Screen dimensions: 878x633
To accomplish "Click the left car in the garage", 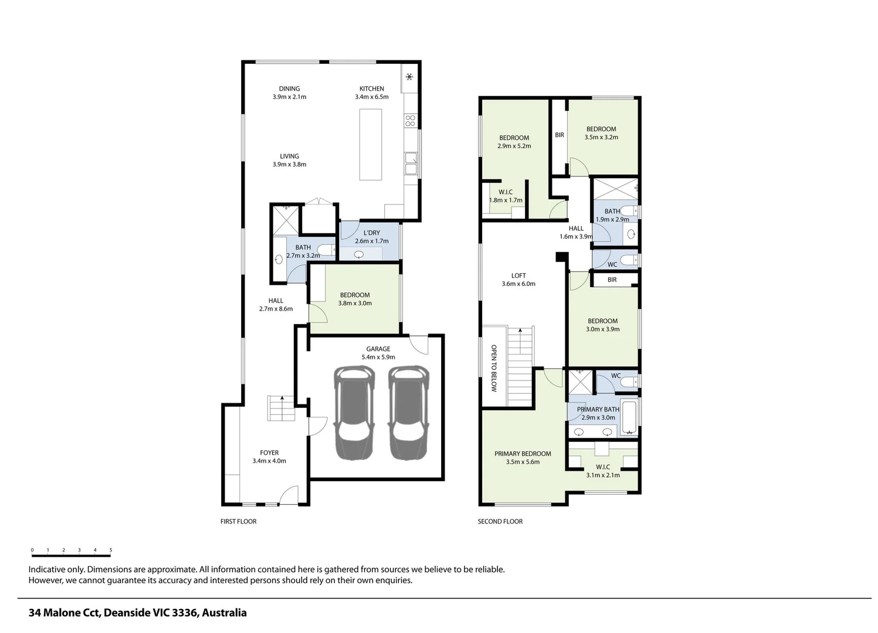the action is click(x=354, y=413).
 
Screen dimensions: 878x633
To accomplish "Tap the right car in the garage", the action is click(x=408, y=413).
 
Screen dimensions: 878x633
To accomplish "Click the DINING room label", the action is click(x=289, y=89).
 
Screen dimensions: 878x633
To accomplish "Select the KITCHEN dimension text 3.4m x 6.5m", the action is click(x=372, y=97).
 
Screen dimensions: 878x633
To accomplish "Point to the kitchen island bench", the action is click(x=371, y=145).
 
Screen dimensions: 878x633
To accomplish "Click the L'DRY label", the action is click(x=372, y=233).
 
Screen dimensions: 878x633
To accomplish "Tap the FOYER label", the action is click(x=269, y=452).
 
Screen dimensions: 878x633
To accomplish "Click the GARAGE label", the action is click(x=378, y=349).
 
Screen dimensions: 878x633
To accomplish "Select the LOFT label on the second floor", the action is click(x=518, y=275).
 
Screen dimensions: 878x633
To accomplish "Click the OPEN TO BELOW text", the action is click(x=494, y=368).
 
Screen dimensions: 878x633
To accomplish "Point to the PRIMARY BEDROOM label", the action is click(x=523, y=454).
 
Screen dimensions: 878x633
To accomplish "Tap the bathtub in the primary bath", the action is click(x=629, y=417).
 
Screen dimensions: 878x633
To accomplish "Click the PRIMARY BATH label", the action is click(x=598, y=409).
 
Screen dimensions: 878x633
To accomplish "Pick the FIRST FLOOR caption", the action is click(x=238, y=522).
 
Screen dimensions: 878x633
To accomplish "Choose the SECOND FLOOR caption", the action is click(x=500, y=522).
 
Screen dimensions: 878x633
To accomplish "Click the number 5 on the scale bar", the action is click(x=110, y=550).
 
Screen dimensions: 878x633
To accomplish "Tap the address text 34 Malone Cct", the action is click(x=65, y=613).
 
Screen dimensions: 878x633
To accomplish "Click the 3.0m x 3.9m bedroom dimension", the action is click(x=603, y=329).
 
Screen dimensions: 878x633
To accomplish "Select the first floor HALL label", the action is click(x=276, y=301).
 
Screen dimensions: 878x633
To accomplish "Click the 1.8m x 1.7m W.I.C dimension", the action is click(x=506, y=200).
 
